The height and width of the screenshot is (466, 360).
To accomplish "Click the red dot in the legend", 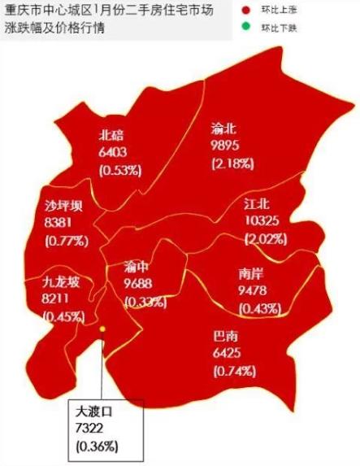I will pyautogui.click(x=246, y=11).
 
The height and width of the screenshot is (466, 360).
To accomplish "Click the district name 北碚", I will pyautogui.click(x=111, y=135).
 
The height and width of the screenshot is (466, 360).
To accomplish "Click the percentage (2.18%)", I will pyautogui.click(x=232, y=163).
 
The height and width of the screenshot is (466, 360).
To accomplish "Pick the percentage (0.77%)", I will pyautogui.click(x=67, y=241).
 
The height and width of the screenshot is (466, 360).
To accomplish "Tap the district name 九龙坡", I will pyautogui.click(x=62, y=283).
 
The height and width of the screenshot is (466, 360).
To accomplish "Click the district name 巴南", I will pyautogui.click(x=225, y=336).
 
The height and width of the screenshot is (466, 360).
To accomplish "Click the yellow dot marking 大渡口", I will pyautogui.click(x=102, y=329).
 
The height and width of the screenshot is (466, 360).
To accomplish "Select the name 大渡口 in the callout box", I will pyautogui.click(x=93, y=412).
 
